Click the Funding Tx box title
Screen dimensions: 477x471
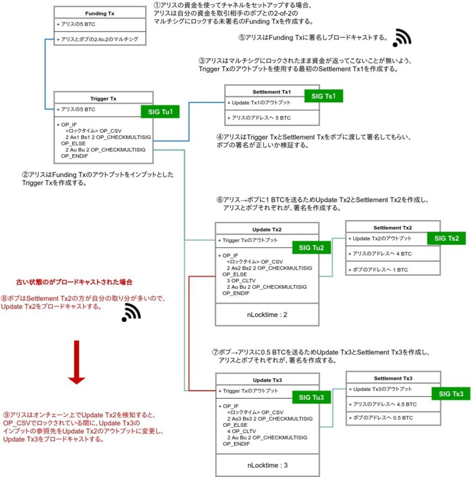100,13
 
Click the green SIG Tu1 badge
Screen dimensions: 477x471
160,112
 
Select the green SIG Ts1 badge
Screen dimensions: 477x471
323,96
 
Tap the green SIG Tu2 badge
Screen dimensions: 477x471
311,248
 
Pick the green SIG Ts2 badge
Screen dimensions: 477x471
446,238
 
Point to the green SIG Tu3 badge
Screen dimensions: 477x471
311,397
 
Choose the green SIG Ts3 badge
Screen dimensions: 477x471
451,394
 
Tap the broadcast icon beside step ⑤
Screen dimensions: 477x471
402,38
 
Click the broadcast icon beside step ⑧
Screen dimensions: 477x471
131,312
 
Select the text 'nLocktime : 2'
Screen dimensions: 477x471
267,315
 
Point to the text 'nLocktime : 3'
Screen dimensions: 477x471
267,465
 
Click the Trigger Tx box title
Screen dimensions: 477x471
103,99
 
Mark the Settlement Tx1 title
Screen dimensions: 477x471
272,92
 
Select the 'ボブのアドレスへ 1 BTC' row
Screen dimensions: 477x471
380,270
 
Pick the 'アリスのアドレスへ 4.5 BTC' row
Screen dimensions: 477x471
384,404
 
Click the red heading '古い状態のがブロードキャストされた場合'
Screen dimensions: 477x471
74,282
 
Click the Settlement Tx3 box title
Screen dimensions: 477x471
393,378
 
